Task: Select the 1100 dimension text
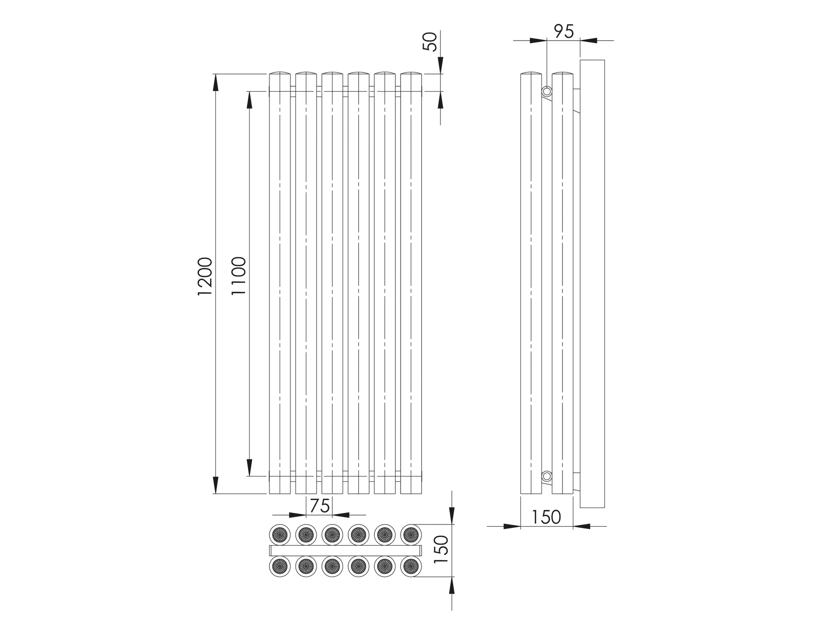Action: tap(239, 276)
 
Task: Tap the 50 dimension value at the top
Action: tap(430, 42)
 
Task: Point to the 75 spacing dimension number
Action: tap(320, 506)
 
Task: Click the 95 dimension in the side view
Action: tap(564, 32)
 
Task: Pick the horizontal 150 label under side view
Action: tap(546, 517)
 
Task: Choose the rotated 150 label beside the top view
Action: tap(442, 549)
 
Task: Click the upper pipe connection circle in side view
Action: tap(547, 92)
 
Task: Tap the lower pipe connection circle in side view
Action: tap(547, 476)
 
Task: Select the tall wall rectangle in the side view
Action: tap(592, 284)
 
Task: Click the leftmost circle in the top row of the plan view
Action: tap(280, 534)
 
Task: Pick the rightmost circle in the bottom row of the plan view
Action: tap(411, 566)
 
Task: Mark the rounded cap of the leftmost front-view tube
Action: tap(280, 74)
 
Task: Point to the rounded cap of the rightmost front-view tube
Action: tap(411, 74)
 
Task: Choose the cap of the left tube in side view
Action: tap(531, 74)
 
